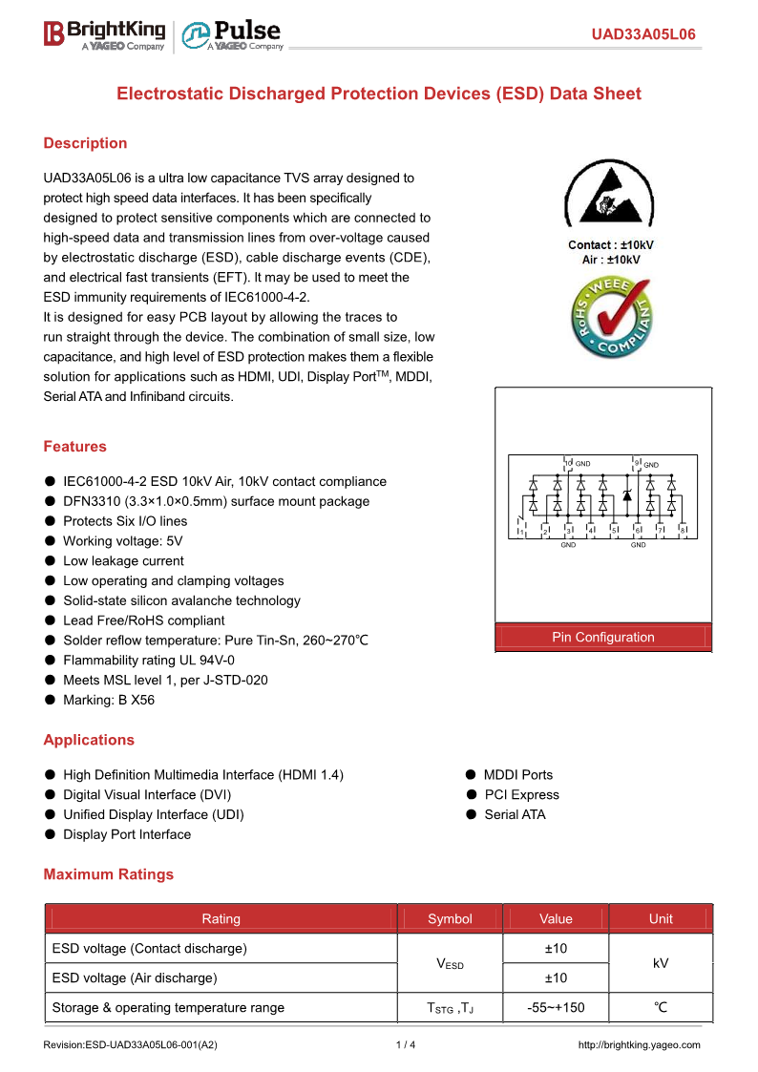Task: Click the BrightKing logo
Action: (x=104, y=35)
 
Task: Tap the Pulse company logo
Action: (x=233, y=35)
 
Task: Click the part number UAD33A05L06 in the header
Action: (x=643, y=35)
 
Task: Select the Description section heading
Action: (x=85, y=143)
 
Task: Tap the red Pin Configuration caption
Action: (x=603, y=638)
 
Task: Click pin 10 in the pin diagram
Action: (x=568, y=464)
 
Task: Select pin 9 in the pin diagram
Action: (x=637, y=464)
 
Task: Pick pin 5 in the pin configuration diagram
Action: (x=614, y=530)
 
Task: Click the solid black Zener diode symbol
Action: (x=626, y=495)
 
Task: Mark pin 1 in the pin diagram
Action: (x=521, y=530)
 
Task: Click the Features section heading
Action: (x=74, y=447)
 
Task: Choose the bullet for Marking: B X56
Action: (x=50, y=701)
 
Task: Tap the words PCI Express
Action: (x=521, y=795)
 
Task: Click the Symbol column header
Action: (x=450, y=919)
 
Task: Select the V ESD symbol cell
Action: (x=450, y=963)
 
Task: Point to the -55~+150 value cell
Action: (x=556, y=1007)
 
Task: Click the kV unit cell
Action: (x=661, y=963)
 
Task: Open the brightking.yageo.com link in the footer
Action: (x=640, y=1045)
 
